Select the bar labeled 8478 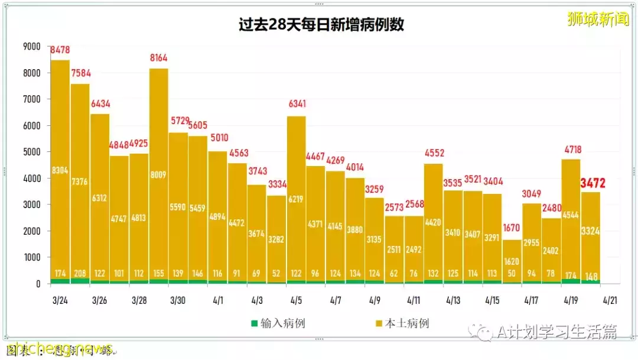tap(60, 171)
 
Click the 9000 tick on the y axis tap(31, 46)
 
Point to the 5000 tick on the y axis tap(31, 152)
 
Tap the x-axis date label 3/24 tap(60, 300)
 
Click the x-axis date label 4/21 tap(611, 300)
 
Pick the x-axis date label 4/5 tap(297, 300)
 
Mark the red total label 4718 tap(571, 150)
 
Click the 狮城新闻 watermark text tap(597, 20)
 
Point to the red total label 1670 tap(512, 228)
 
